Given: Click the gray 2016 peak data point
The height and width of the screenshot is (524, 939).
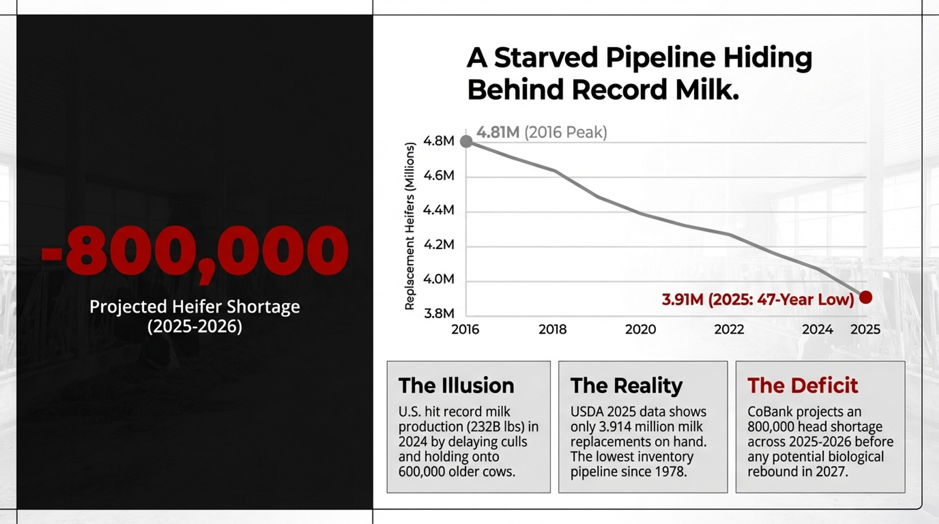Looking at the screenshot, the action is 466,141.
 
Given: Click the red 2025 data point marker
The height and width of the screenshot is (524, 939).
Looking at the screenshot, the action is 866,297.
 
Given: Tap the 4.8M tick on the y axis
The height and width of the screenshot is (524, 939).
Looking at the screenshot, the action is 439,141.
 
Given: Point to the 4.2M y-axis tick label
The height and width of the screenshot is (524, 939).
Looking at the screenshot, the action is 439,245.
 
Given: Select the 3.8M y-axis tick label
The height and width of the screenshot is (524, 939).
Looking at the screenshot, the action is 439,313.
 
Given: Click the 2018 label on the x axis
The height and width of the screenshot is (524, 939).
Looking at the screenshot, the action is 553,329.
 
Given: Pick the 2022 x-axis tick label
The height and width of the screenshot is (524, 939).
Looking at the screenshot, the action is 729,329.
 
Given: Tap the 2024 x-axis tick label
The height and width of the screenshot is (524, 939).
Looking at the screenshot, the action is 817,329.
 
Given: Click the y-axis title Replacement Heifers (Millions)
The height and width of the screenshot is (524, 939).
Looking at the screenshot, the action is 409,226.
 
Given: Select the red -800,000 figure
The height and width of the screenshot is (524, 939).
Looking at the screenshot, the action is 195,251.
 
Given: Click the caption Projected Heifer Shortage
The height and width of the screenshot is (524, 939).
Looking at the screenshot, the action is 195,307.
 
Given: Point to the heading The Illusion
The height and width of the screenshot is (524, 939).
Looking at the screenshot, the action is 456,385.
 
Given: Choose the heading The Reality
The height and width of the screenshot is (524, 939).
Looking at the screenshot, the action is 626,386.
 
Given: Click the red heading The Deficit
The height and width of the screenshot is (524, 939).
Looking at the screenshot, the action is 803,385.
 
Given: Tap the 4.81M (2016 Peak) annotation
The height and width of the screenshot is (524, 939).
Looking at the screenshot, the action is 542,132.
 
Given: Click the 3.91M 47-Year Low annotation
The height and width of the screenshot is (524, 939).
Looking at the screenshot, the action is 758,300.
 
